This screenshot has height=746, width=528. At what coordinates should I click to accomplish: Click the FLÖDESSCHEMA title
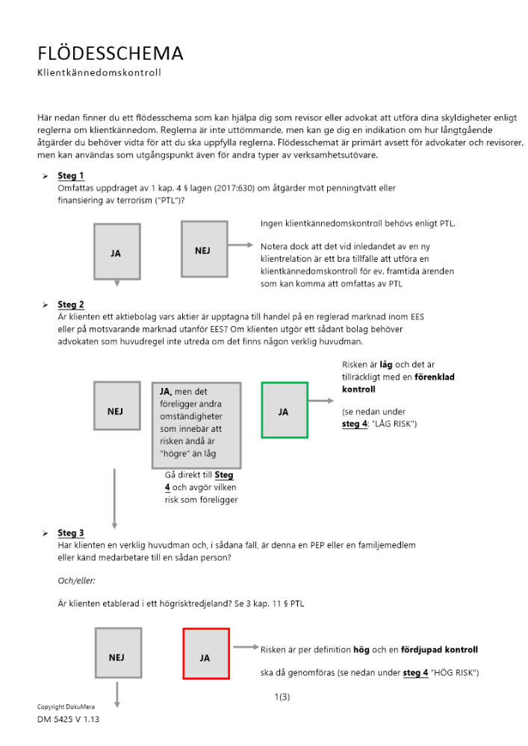111,54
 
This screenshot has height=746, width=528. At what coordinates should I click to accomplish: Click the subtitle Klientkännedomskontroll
99,73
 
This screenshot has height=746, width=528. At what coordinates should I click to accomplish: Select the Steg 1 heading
71,176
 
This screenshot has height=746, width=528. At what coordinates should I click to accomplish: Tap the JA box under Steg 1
117,253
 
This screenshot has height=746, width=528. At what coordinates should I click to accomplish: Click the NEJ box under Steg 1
204,250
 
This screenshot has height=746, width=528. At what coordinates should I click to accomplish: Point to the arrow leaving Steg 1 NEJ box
241,245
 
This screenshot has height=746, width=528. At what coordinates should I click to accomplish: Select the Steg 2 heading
71,304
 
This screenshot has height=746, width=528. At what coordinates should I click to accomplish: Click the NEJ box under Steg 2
116,410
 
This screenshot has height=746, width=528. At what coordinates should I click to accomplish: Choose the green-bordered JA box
284,410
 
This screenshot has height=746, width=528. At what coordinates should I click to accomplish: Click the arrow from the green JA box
322,401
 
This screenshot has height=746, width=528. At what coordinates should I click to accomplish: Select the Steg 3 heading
71,533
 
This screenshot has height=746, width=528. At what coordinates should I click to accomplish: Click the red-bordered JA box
205,653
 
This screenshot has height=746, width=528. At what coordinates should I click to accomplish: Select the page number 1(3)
282,697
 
